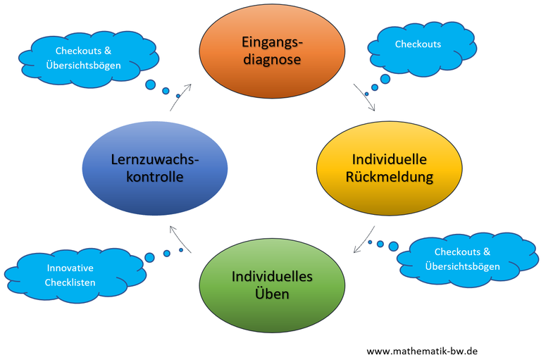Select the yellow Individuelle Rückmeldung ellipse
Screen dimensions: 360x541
pyautogui.click(x=390, y=168)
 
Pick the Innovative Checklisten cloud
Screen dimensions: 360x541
pyautogui.click(x=70, y=275)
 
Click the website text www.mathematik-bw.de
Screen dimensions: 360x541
pyautogui.click(x=422, y=350)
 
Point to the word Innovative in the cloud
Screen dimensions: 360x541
pyautogui.click(x=70, y=268)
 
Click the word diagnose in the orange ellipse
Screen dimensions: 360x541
pyautogui.click(x=272, y=60)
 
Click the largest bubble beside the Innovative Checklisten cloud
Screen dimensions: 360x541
pyautogui.click(x=149, y=256)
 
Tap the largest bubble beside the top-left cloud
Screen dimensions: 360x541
pyautogui.click(x=150, y=85)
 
